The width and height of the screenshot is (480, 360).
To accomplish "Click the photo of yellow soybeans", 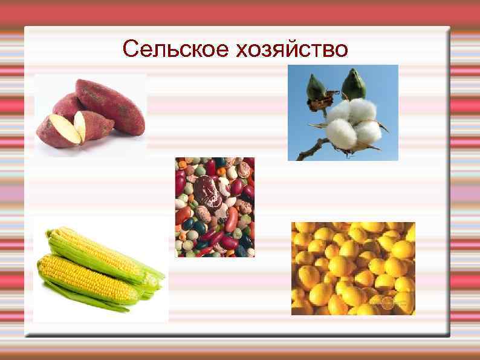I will (x=353, y=268).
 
